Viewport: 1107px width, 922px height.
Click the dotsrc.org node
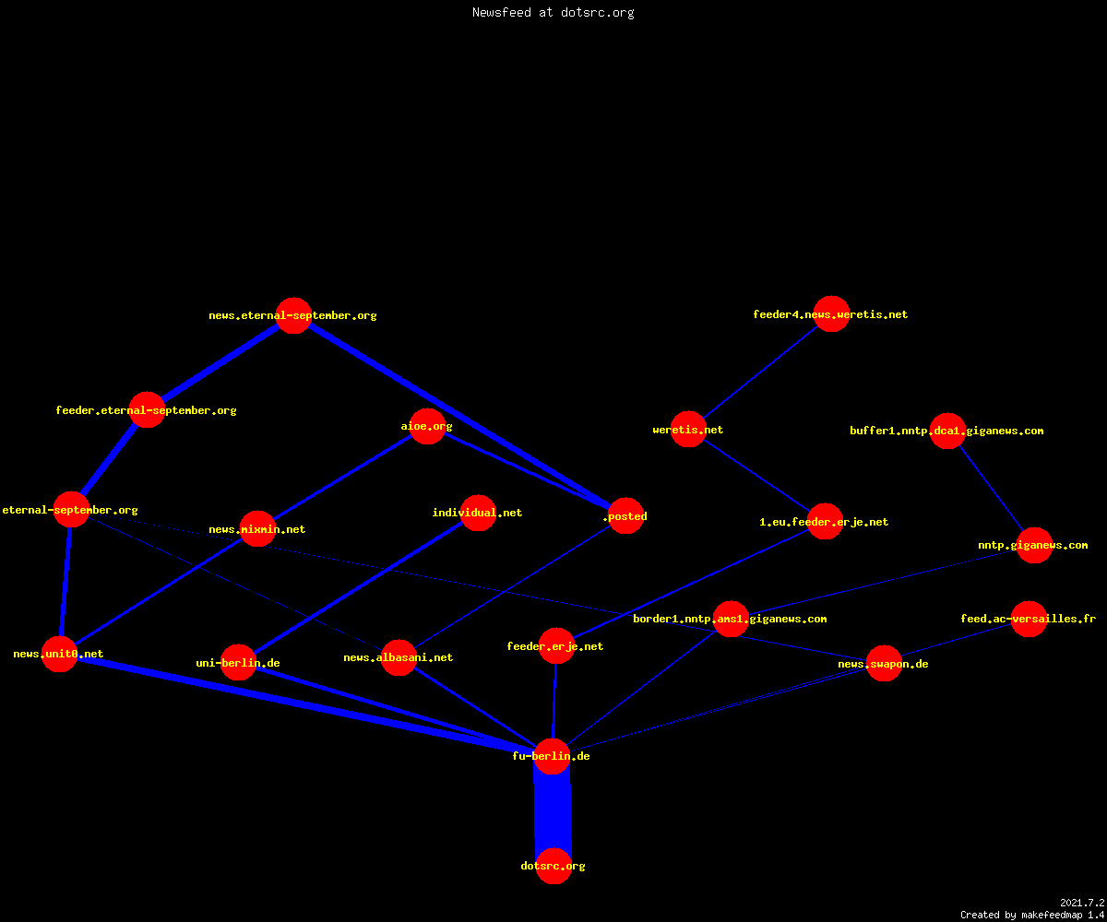553,866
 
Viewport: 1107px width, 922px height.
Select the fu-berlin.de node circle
552,756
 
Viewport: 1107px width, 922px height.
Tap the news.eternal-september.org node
293,316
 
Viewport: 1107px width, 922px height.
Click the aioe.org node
427,426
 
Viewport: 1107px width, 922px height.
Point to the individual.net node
478,513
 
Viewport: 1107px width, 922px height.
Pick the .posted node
626,516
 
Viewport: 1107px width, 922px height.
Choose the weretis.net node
689,430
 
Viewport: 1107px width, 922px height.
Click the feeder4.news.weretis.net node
831,313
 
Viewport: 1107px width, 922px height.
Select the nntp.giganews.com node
1034,545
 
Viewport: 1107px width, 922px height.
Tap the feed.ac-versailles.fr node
1030,619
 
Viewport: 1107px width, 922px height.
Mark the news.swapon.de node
884,664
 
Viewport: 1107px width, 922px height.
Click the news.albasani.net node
399,657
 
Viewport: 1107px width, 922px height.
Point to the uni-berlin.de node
239,662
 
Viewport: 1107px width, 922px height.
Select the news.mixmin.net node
257,529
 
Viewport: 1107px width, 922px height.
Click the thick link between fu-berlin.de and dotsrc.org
553,810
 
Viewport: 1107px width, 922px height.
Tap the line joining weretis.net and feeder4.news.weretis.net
760,372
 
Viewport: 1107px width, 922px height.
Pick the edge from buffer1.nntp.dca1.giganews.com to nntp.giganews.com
991,488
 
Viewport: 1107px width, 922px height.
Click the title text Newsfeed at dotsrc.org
553,12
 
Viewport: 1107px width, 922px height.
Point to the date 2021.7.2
1082,903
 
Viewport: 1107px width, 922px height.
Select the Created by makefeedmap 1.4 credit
1032,916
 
